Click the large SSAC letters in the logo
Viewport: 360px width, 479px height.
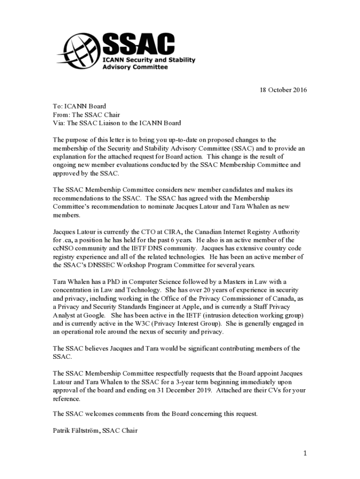(138, 45)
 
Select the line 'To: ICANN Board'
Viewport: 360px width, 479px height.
(79, 106)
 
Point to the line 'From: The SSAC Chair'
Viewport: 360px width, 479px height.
(86, 115)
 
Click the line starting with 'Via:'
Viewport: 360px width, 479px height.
(117, 123)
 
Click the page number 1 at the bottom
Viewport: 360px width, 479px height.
(304, 453)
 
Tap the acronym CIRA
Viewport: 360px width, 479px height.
(178, 232)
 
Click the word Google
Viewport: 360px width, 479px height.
(96, 315)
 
